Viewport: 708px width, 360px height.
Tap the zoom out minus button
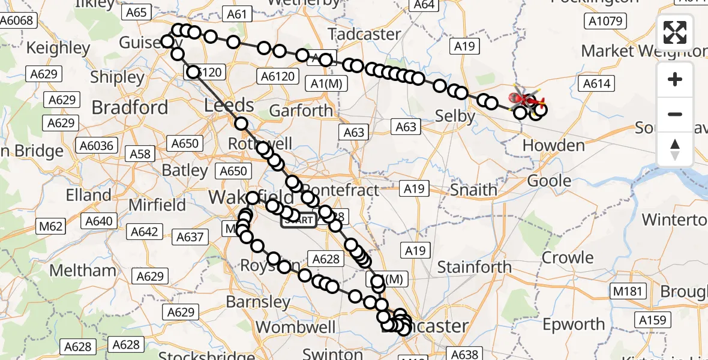pos(675,114)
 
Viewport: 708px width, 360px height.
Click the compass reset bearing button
pos(675,149)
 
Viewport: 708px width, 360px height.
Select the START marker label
pos(298,220)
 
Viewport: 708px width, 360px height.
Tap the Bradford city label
pos(130,108)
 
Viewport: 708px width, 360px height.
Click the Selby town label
pos(455,116)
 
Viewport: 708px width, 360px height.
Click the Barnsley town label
pos(259,301)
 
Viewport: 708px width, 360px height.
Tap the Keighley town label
pos(58,47)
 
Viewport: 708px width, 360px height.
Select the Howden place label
pos(553,145)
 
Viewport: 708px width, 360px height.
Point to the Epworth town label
pos(574,325)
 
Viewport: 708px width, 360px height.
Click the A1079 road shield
pos(605,22)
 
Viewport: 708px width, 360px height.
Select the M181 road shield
pos(628,292)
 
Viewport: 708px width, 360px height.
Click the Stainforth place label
pos(474,266)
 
